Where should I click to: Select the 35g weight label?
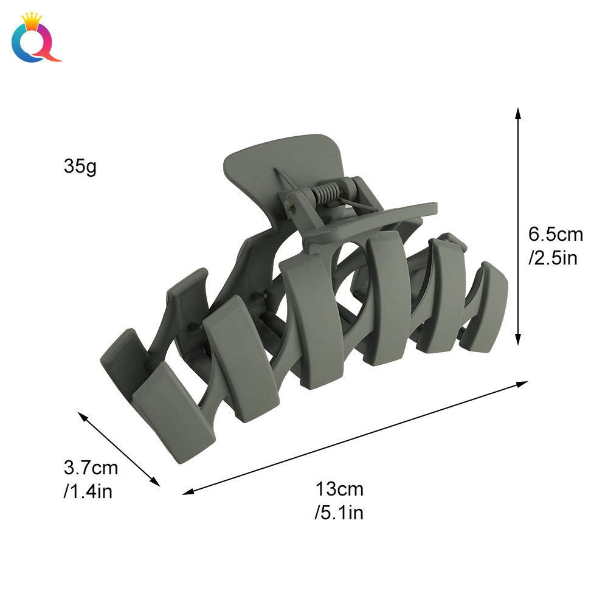pos(80,166)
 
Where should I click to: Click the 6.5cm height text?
pos(555,235)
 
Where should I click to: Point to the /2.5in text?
pos(553,258)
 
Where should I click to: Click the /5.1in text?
pos(339,513)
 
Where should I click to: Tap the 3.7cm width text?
pos(91,468)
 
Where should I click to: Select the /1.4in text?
pos(88,491)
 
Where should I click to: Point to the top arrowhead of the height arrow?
pos(517,112)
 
